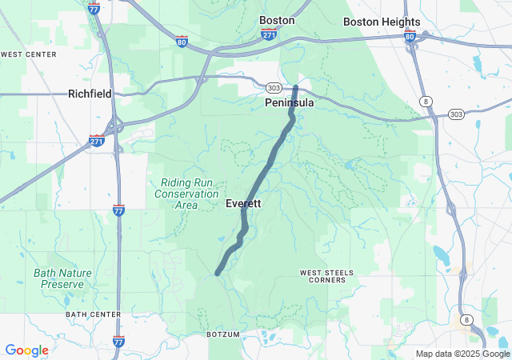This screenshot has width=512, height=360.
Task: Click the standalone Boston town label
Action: [x=277, y=20]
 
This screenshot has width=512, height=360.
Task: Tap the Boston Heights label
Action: [x=382, y=22]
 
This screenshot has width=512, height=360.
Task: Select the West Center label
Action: [x=30, y=54]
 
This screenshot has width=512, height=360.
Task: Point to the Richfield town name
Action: [x=90, y=94]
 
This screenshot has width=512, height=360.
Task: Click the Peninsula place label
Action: [x=290, y=103]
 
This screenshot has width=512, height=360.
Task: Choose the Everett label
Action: [x=243, y=204]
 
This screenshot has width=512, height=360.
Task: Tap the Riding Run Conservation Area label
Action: [x=186, y=194]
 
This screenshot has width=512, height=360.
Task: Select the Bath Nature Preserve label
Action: [x=63, y=278]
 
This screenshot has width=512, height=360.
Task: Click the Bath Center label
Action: [x=91, y=314]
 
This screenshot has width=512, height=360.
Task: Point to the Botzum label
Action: [x=223, y=334]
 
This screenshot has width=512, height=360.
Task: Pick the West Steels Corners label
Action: [x=326, y=277]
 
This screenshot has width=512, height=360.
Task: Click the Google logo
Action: [x=26, y=350]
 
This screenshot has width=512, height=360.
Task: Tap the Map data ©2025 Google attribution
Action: [x=463, y=354]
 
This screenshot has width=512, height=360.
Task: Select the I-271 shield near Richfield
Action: [x=97, y=141]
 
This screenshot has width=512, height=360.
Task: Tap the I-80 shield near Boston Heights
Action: [x=410, y=36]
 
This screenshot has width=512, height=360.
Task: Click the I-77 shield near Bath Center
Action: [x=118, y=342]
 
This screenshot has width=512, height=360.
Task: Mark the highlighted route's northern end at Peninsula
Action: [x=296, y=86]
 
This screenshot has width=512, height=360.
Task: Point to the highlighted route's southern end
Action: [x=218, y=274]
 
